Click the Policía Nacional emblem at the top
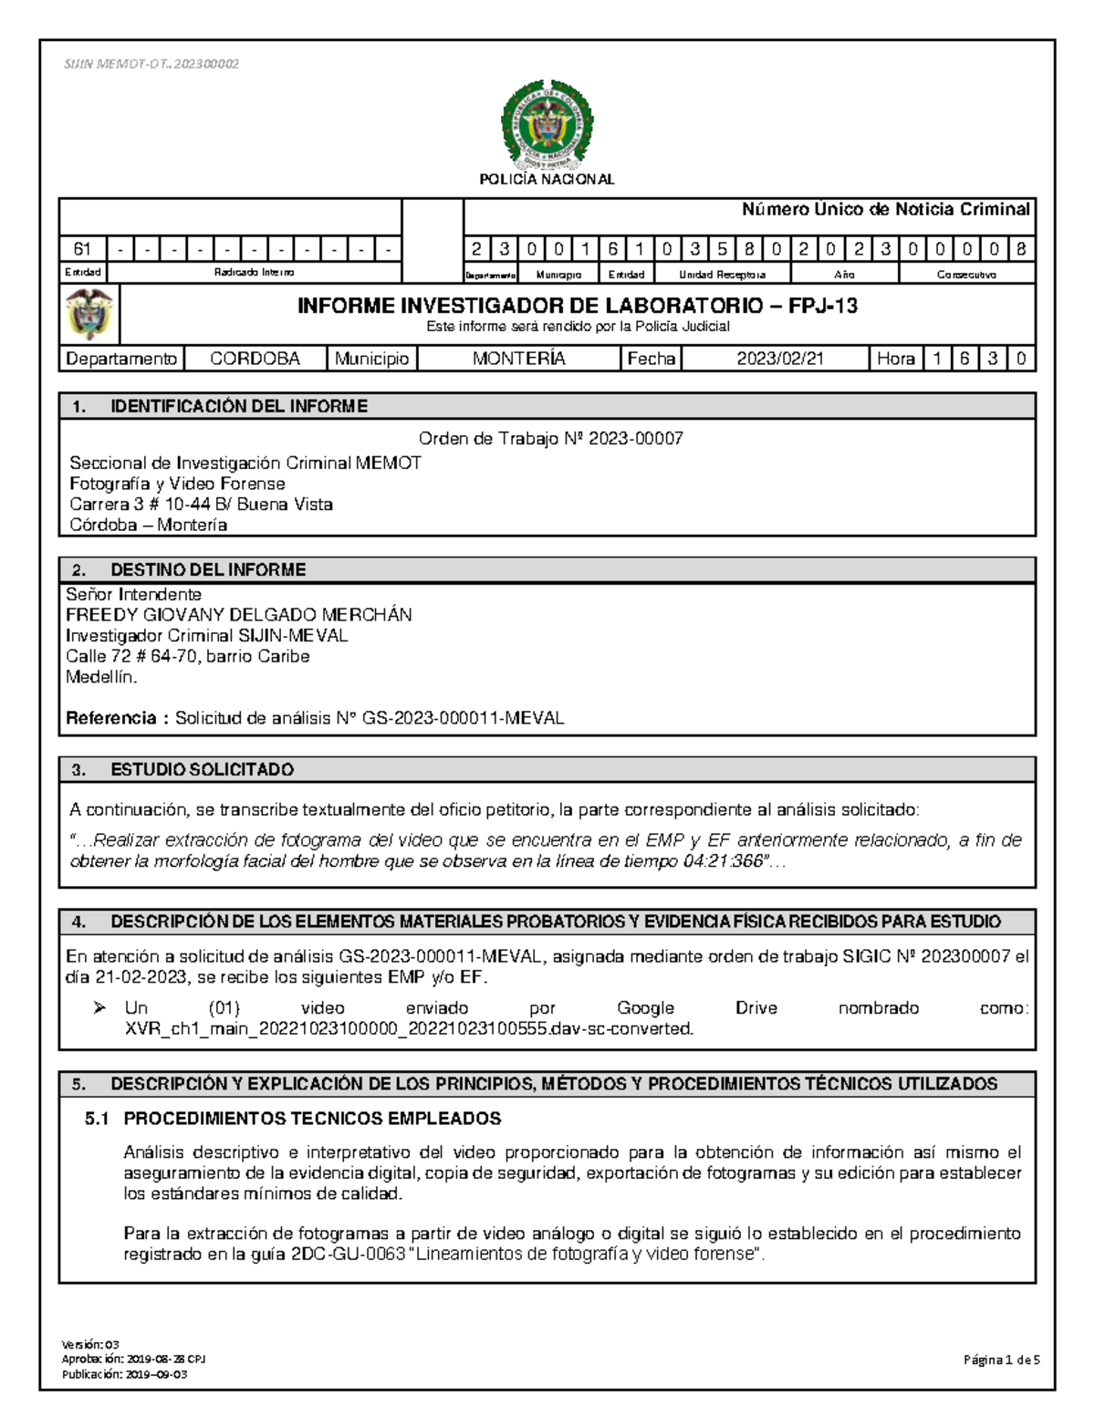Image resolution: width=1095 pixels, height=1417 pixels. coord(547,127)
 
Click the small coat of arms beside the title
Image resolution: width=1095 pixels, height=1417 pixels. coord(89,314)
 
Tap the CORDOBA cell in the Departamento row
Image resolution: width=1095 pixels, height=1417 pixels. coord(255,359)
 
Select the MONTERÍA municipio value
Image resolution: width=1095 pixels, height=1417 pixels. coord(518,359)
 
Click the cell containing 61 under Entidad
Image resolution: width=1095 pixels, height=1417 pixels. coord(82,249)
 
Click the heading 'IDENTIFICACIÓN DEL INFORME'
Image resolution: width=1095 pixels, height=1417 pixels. coord(239,407)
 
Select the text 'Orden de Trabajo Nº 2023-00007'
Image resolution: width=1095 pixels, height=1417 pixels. coord(550,439)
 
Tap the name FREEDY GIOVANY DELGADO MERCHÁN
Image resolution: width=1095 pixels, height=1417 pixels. coord(238,615)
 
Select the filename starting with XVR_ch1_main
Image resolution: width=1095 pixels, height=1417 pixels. coord(409,1029)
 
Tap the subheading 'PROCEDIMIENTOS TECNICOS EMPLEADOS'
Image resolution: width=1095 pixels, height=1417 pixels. coord(312,1119)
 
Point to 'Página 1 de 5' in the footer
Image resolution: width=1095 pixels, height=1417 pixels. coord(1001,1360)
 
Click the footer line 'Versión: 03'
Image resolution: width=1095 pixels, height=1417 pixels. coord(89,1345)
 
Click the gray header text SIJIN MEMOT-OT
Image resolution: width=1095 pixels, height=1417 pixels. coord(151,64)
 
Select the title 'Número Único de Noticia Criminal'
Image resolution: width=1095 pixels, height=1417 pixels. coord(885,210)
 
